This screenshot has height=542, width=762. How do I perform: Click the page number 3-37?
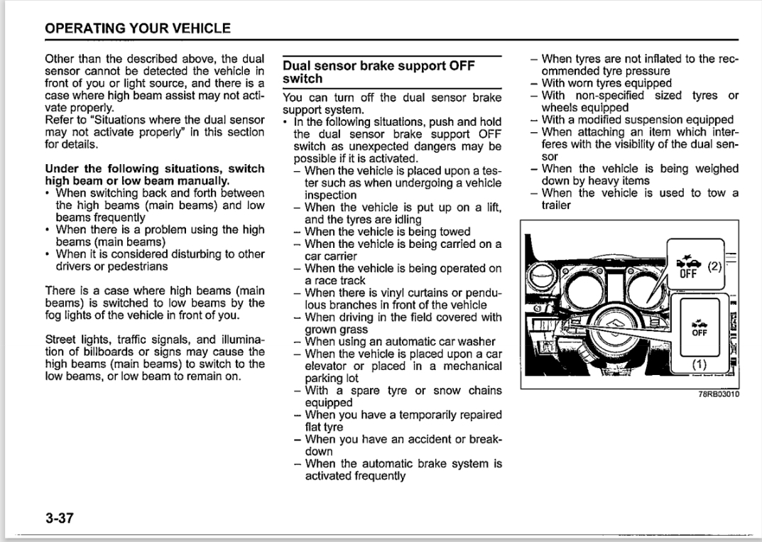tap(60, 517)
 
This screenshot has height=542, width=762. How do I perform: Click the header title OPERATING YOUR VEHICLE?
tap(138, 28)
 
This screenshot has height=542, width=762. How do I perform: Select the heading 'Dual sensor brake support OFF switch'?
tap(379, 72)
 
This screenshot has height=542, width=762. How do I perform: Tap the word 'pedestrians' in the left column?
tap(140, 266)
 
